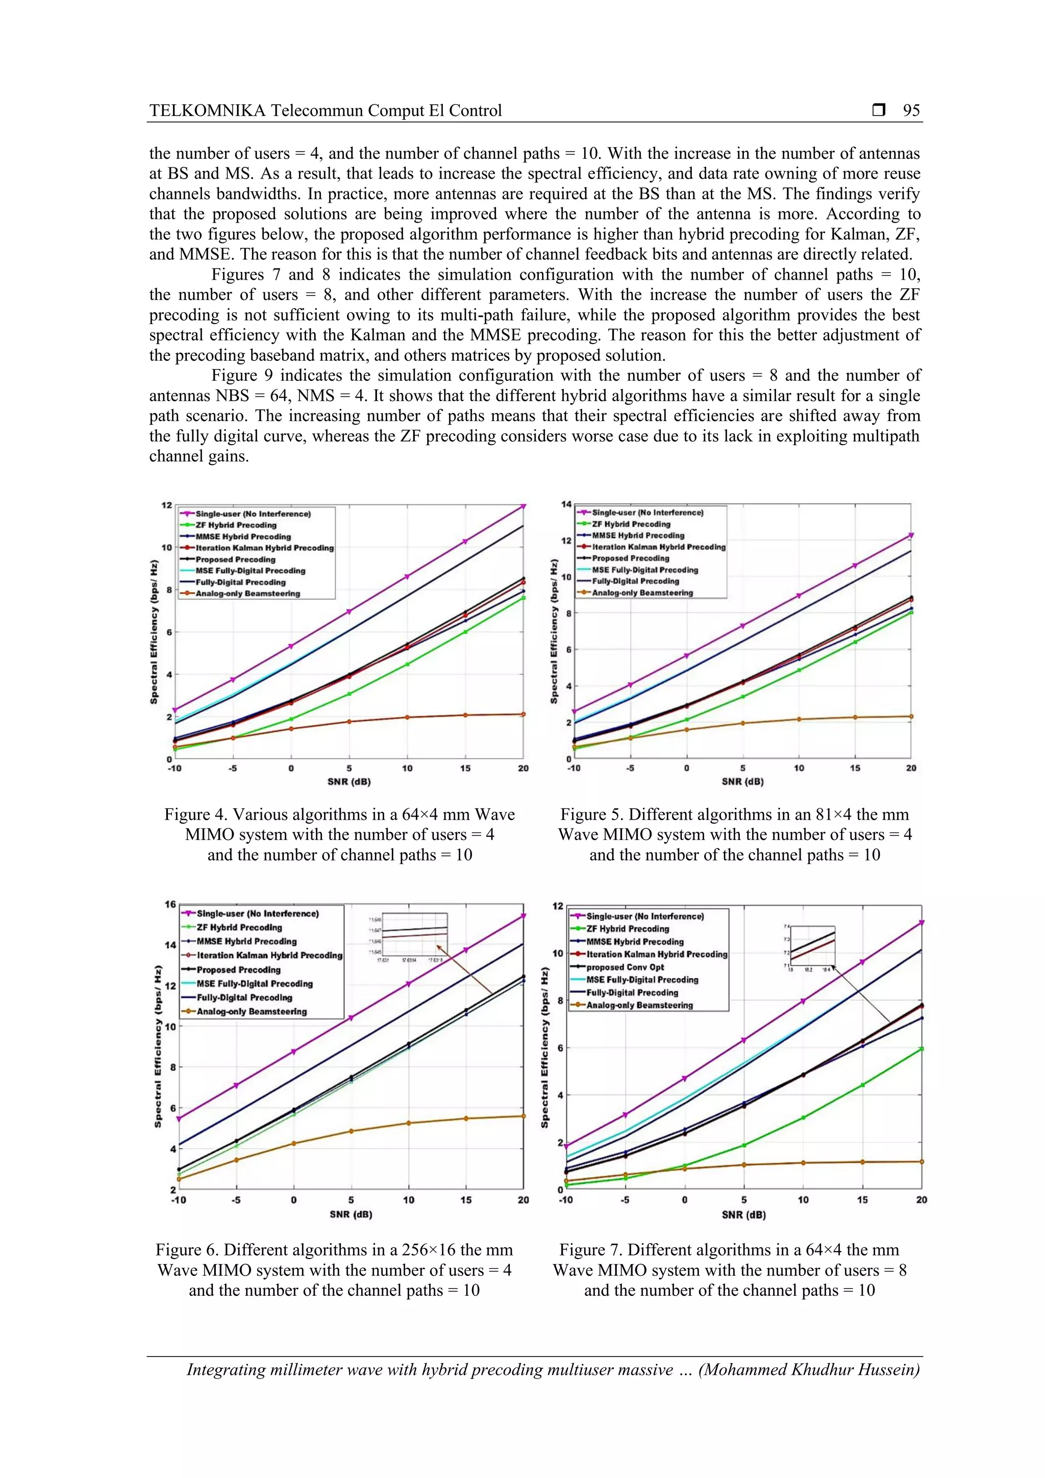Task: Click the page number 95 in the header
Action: [911, 111]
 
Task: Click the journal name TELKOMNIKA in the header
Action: [207, 111]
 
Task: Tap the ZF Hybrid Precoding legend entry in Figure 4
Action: [236, 525]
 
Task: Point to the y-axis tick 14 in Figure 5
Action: [566, 504]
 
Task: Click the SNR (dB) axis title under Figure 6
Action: [351, 1215]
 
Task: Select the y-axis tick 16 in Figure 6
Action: [170, 904]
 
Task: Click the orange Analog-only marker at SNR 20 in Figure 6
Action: [523, 1116]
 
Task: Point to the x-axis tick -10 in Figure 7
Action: [565, 1200]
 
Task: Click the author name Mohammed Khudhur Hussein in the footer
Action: [809, 1370]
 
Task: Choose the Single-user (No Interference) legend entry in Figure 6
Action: [257, 914]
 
